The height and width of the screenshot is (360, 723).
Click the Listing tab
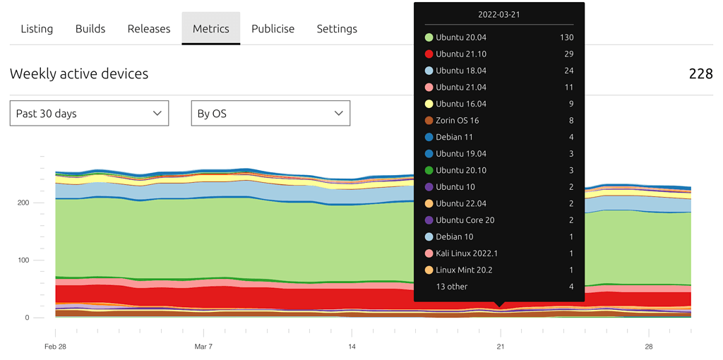pos(37,29)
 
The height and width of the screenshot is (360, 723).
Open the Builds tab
pos(90,29)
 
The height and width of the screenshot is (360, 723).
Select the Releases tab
pos(149,29)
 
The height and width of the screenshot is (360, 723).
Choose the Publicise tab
pos(273,29)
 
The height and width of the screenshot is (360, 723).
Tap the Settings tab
pos(337,29)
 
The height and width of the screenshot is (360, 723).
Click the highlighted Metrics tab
pos(211,29)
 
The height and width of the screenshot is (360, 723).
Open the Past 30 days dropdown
pos(89,114)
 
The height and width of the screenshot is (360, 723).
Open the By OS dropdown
pos(270,114)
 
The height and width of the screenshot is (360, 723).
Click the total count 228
pos(700,73)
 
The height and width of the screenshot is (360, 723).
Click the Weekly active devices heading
pos(79,73)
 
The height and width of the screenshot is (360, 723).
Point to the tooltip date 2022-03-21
pos(499,15)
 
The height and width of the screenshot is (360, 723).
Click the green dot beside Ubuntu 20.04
pos(429,37)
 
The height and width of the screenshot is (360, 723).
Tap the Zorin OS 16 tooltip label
pos(458,121)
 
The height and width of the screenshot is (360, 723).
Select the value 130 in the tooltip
pos(566,37)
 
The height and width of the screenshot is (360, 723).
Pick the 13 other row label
pos(452,287)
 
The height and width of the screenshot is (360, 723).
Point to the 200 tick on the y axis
pos(23,203)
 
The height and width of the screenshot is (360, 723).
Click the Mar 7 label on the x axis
pos(203,347)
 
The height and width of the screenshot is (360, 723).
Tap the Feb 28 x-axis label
pos(55,347)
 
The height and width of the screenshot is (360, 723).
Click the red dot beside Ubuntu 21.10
pos(429,54)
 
